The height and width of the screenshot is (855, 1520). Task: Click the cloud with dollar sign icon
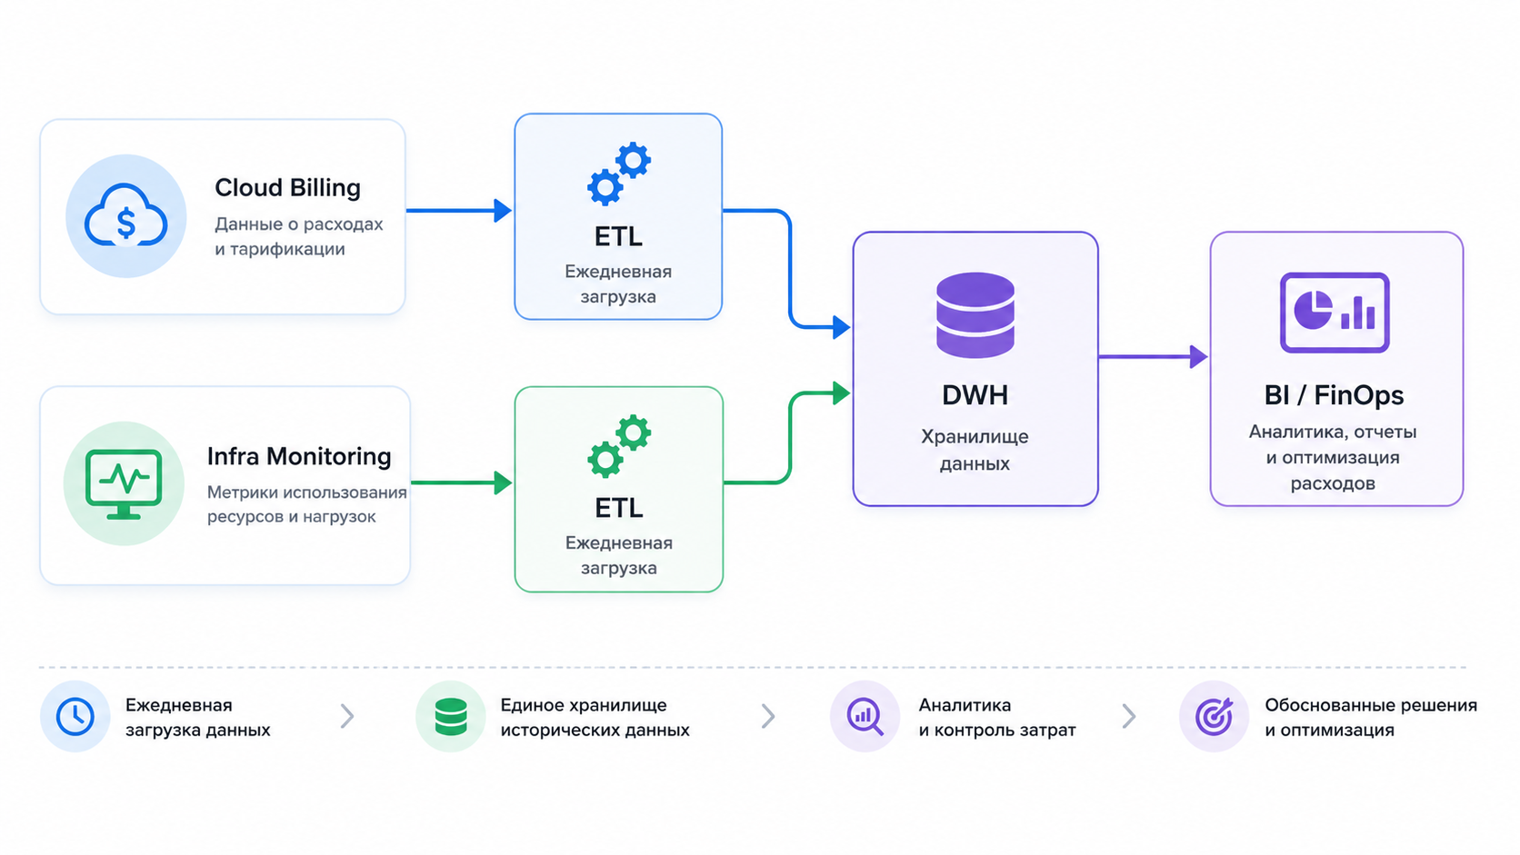coord(125,215)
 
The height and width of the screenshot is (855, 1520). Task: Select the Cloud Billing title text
coord(287,188)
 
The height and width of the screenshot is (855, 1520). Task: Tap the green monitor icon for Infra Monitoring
coord(124,483)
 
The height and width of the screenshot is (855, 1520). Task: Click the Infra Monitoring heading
coord(298,456)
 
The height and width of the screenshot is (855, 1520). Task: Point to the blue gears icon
coord(619,173)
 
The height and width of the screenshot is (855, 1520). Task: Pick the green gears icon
coord(619,445)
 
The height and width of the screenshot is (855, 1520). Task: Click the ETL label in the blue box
coord(618,236)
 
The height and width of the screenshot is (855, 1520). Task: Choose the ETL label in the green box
coord(619,508)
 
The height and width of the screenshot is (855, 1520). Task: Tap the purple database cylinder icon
coord(975,314)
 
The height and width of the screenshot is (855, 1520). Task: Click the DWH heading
coord(975,395)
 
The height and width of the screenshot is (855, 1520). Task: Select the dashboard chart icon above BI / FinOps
coord(1335,313)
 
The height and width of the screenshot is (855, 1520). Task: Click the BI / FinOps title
coord(1334,395)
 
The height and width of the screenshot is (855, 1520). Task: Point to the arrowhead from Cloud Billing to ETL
coord(503,210)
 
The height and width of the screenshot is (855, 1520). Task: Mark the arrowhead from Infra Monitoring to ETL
coord(504,482)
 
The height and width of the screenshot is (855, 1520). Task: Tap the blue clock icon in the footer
coord(75,716)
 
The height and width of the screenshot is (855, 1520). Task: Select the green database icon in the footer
coord(451,717)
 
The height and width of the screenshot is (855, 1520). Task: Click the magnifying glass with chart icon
coord(865,717)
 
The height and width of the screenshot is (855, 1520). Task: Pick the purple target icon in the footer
coord(1214,717)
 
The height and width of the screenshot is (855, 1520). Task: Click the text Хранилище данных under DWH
coord(975,450)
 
